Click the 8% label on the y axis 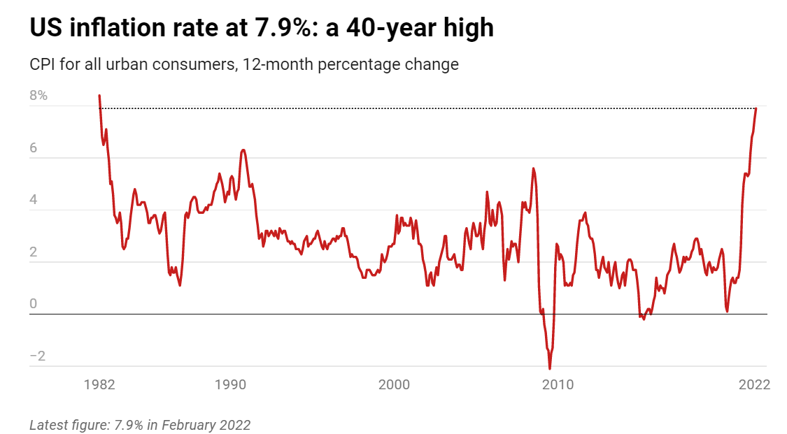click(38, 95)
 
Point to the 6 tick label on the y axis click(34, 147)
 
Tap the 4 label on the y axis click(34, 199)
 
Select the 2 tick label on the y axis click(34, 252)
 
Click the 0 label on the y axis click(34, 303)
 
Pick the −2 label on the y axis click(38, 356)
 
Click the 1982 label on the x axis click(99, 384)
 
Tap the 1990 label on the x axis click(230, 384)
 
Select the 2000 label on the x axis click(394, 384)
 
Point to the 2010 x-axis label click(558, 384)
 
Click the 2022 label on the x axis click(754, 384)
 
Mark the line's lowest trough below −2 click(550, 368)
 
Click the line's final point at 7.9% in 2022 click(756, 108)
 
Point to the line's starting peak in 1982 click(99, 96)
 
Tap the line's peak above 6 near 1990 click(243, 150)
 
